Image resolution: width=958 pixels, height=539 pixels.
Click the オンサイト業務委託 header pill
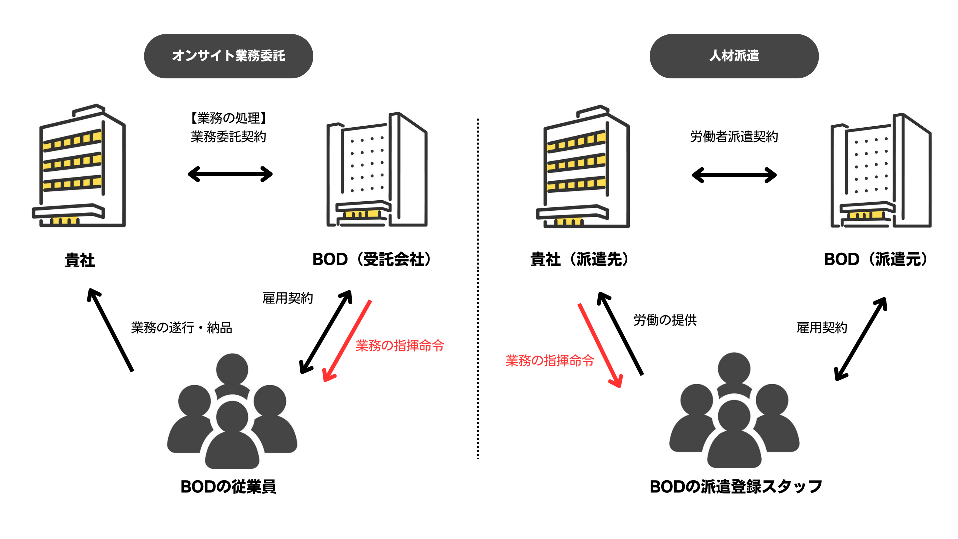coord(229,56)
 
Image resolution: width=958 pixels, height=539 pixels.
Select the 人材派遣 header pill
coord(733,56)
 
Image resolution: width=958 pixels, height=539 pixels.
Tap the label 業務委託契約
coord(229,136)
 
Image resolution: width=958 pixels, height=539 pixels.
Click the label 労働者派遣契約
coord(733,136)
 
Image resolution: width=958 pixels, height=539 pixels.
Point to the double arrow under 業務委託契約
coord(230,174)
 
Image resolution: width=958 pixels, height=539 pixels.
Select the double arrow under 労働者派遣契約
coord(734,175)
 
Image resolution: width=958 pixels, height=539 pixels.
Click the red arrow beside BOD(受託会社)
coord(347,340)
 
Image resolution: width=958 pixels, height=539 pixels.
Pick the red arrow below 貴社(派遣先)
coord(600,345)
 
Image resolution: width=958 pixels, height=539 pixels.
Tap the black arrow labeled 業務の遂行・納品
coord(110,330)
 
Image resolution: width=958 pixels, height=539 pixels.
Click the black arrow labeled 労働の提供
coord(620,333)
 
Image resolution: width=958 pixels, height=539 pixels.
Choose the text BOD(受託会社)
coord(372,259)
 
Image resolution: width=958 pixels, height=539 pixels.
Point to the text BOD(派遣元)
coord(876,259)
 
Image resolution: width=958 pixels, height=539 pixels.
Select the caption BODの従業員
coord(229,486)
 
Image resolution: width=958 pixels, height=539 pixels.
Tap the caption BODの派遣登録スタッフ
coord(735,486)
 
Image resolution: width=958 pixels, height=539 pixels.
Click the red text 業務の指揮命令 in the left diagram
coord(400,345)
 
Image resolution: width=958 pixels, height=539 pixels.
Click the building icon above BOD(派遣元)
coord(881,171)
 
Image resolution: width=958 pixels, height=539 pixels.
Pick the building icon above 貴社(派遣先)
coord(583,167)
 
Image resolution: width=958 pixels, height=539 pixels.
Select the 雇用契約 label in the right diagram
coord(822,327)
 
